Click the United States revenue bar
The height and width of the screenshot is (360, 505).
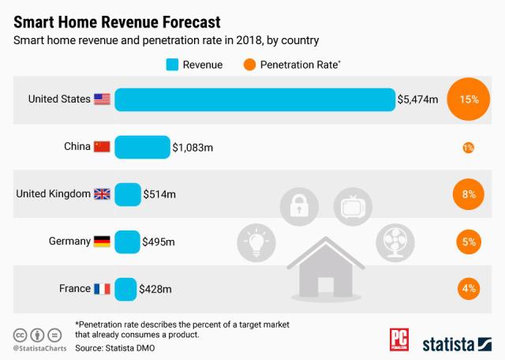click(x=254, y=99)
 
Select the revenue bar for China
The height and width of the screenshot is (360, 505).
click(x=142, y=147)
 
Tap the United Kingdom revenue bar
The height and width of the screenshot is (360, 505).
click(x=127, y=194)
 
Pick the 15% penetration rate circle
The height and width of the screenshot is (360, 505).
click(x=469, y=100)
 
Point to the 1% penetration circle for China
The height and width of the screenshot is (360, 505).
click(x=469, y=148)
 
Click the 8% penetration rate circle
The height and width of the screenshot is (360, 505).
click(x=469, y=194)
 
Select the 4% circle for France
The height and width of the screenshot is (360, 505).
click(x=469, y=289)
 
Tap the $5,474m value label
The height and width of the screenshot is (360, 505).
click(x=419, y=100)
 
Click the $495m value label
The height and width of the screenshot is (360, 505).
click(x=159, y=242)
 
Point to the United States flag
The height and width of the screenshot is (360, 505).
click(x=102, y=99)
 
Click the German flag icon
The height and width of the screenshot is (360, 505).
click(x=102, y=242)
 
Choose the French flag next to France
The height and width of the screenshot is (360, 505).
click(x=102, y=289)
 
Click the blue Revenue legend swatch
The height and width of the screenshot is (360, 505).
click(x=172, y=65)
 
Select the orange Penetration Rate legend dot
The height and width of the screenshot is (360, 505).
click(x=249, y=65)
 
